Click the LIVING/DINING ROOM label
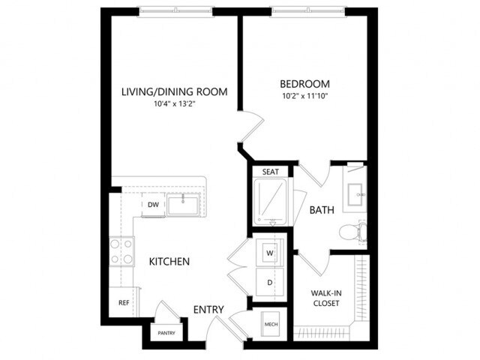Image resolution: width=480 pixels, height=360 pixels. pyautogui.click(x=175, y=92)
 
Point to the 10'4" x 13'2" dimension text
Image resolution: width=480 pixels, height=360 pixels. pyautogui.click(x=175, y=105)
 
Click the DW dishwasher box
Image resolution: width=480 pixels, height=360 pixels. pyautogui.click(x=152, y=204)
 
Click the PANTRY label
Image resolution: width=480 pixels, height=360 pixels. pyautogui.click(x=166, y=332)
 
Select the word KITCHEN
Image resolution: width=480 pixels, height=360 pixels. pyautogui.click(x=169, y=262)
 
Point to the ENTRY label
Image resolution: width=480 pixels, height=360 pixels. pyautogui.click(x=208, y=310)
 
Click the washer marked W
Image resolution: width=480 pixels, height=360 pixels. pyautogui.click(x=268, y=254)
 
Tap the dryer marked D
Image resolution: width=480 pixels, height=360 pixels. pyautogui.click(x=268, y=283)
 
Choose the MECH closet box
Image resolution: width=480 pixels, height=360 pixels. pyautogui.click(x=270, y=325)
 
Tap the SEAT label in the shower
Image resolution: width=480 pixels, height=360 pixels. pyautogui.click(x=270, y=172)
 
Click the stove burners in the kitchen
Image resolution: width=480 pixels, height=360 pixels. pyautogui.click(x=121, y=251)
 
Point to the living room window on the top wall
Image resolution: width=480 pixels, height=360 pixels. pyautogui.click(x=175, y=11)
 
